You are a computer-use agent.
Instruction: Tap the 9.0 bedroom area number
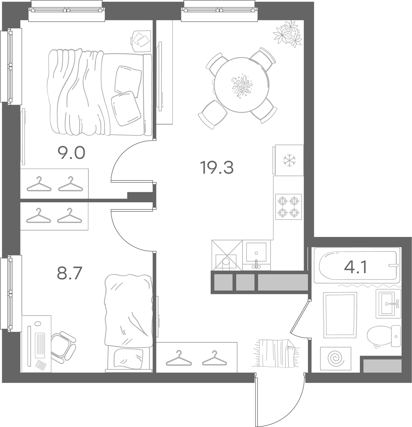[71, 153]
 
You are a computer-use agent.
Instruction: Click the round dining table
[242, 84]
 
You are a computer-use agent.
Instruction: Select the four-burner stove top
[289, 207]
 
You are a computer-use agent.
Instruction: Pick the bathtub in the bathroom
[357, 265]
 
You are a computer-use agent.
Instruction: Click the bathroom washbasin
[388, 304]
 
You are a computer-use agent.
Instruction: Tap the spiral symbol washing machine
[336, 358]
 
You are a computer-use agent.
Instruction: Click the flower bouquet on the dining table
[242, 86]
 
